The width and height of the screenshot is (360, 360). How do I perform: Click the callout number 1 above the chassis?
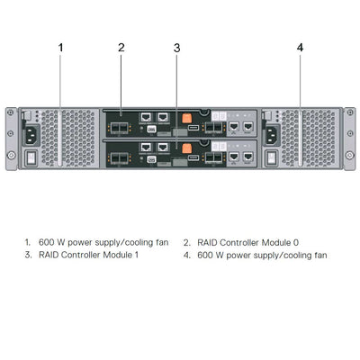[x=61, y=47]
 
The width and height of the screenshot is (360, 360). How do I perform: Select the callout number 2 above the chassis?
[x=121, y=47]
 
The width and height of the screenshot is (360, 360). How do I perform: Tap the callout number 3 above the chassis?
[x=177, y=47]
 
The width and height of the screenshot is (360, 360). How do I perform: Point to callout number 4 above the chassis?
[x=300, y=47]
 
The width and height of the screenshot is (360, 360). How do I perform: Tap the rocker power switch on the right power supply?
[x=271, y=157]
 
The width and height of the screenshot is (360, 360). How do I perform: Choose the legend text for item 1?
[x=103, y=242]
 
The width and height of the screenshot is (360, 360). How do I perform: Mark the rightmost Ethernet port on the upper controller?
[x=247, y=128]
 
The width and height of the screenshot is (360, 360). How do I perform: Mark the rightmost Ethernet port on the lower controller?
[x=247, y=157]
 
